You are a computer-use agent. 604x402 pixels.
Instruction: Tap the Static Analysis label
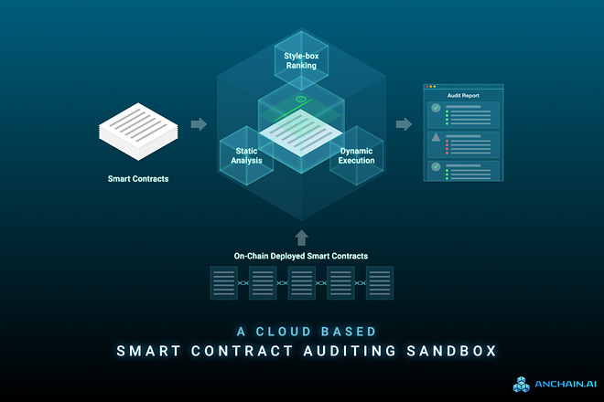pos(247,155)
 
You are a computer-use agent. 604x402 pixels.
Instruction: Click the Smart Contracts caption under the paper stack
pos(137,178)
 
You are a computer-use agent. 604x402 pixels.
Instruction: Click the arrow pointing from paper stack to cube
pos(198,123)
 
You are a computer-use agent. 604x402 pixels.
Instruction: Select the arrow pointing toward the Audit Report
pos(403,123)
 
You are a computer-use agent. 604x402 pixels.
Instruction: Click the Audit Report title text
pos(463,95)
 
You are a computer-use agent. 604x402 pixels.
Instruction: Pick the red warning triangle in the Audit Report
pos(437,138)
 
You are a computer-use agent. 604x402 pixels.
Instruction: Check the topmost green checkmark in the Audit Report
pos(437,109)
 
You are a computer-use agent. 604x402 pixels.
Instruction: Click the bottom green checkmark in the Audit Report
pos(437,167)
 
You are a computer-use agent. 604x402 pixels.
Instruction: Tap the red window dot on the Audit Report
pos(426,87)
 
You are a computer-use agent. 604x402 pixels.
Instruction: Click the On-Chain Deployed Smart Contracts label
pos(301,256)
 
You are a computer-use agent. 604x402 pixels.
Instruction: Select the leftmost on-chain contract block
pos(223,282)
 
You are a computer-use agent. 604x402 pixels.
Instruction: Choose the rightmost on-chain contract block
pos(380,282)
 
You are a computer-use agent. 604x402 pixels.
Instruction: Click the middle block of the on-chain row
pos(301,282)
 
